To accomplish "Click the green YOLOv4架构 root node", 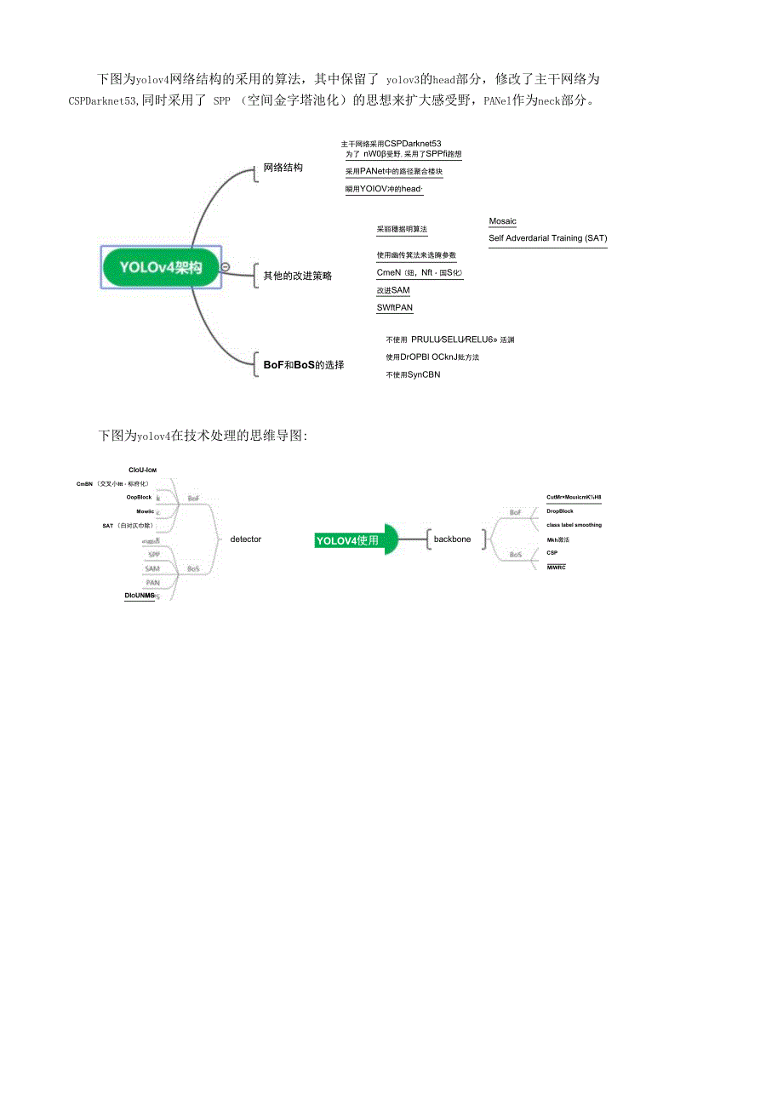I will click(161, 267).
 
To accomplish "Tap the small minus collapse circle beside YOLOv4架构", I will click(225, 267).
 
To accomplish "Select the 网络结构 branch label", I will click(283, 168).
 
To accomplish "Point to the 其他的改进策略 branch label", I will click(298, 276).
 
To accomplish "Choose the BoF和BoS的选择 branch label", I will click(304, 365).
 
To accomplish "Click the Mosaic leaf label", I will click(502, 221).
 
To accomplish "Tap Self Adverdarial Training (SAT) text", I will click(547, 238).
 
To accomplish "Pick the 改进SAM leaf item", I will click(392, 290).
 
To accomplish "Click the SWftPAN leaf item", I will click(394, 308).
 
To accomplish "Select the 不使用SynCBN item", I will click(413, 374).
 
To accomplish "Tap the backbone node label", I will click(452, 539).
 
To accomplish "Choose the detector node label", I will click(246, 539).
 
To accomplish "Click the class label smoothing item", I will click(574, 525).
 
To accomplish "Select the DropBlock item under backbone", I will click(560, 511).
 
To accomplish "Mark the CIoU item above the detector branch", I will click(142, 470).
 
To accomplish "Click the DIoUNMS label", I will click(140, 596).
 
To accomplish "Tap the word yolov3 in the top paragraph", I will click(403, 80).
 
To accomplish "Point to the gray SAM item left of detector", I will click(151, 568).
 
